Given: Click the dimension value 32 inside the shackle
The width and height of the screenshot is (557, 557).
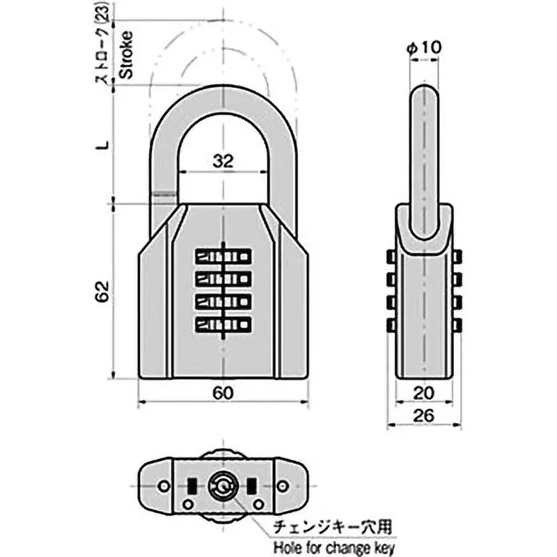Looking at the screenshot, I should (222, 161).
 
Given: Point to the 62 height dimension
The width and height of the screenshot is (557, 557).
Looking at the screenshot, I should (102, 291).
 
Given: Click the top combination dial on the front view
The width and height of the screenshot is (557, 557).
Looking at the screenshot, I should (222, 257).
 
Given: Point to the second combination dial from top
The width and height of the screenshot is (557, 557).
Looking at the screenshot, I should (222, 280).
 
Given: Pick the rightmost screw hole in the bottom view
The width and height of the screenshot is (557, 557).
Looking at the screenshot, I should (283, 485).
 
